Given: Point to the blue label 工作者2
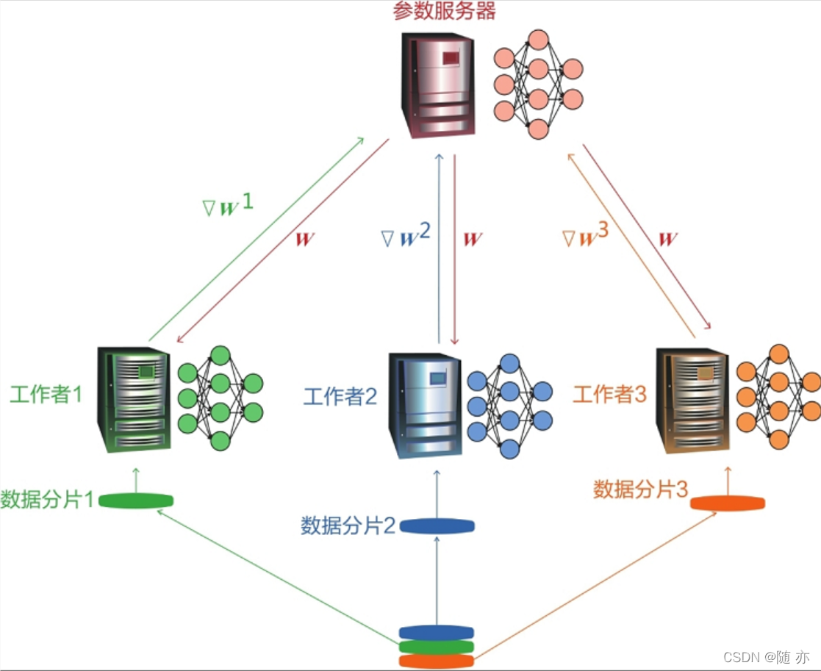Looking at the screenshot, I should click(340, 398).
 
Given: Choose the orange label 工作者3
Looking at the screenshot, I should click(609, 395).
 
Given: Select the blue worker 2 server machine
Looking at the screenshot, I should click(424, 403).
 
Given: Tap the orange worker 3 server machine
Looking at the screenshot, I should click(692, 400).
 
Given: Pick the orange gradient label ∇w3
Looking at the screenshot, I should click(585, 237).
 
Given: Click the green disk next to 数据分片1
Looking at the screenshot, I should click(136, 501).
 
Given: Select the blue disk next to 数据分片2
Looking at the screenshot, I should click(437, 526).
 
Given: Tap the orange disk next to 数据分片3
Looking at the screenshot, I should click(727, 503).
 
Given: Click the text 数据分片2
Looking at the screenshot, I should click(348, 525).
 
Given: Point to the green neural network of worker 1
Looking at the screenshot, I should click(220, 398).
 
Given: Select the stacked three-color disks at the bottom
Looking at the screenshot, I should click(436, 647).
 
